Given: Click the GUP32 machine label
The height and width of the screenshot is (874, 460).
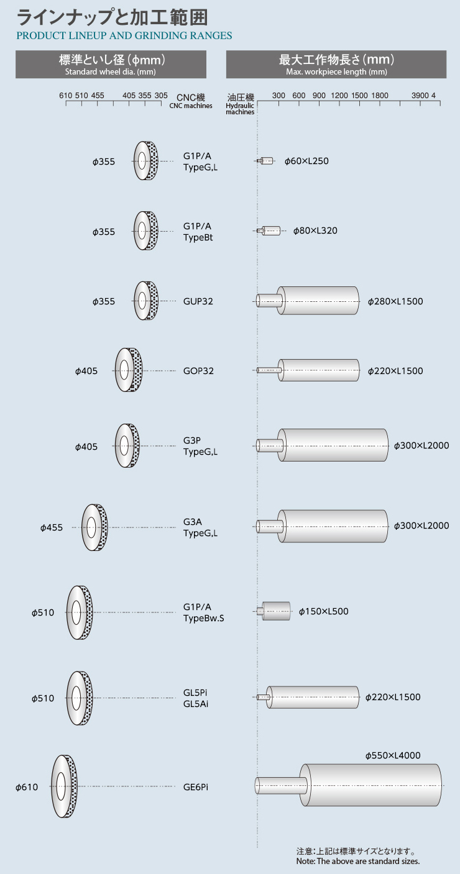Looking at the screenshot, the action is click(198, 301).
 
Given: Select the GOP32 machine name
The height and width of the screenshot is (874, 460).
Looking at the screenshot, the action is click(198, 371).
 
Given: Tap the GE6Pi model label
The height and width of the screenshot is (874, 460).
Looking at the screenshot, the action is click(196, 787).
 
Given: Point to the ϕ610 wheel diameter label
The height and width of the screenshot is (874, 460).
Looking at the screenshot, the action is click(27, 787).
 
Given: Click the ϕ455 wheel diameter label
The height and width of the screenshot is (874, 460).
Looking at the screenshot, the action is click(51, 527).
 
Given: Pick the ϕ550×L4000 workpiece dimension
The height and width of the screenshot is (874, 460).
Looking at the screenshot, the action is click(393, 755).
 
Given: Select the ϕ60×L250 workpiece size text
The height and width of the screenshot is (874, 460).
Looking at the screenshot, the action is click(306, 161).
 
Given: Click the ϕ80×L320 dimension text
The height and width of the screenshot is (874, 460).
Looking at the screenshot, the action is click(315, 230).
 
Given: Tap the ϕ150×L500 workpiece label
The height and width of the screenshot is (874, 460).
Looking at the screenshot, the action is click(323, 611).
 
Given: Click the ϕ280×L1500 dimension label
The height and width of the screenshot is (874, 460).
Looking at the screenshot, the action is click(395, 301).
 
